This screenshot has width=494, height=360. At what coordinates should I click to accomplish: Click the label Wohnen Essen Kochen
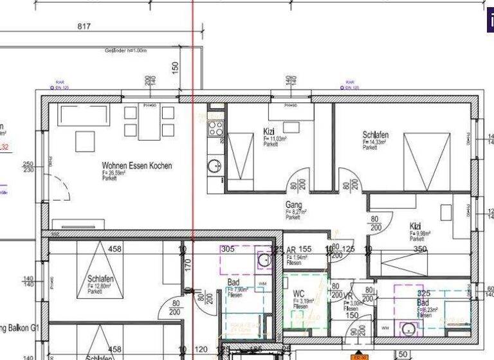click(136, 166)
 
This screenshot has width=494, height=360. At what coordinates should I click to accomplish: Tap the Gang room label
click(294, 205)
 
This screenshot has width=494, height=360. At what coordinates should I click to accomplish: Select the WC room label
click(298, 294)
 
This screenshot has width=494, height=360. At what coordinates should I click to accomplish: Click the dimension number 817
click(84, 26)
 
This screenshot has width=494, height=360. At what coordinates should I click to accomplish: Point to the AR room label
click(291, 249)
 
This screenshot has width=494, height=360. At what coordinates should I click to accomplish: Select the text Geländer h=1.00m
click(126, 51)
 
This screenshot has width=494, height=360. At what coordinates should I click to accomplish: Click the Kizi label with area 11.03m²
click(269, 132)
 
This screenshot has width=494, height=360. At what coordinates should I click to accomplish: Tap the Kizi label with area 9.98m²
click(416, 226)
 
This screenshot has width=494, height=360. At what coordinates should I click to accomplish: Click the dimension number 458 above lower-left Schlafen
click(114, 249)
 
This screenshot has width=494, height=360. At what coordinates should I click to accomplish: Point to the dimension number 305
click(227, 249)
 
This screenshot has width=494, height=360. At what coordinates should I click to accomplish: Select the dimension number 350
click(419, 249)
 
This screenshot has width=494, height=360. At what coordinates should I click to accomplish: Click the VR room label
click(348, 296)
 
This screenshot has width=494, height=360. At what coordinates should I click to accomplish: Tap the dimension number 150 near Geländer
click(175, 67)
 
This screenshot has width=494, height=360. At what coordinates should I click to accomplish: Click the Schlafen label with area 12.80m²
click(100, 278)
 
